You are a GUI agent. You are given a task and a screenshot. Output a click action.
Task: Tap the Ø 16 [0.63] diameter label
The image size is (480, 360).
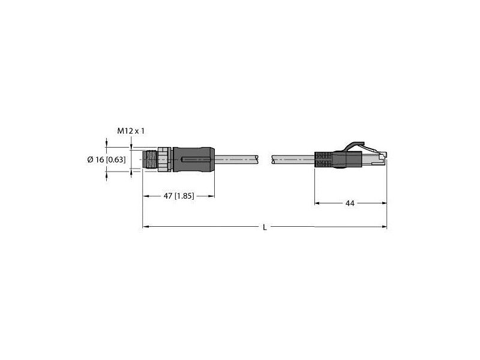pos(106,159)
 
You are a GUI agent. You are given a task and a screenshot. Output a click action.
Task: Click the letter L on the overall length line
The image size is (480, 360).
pos(265,227)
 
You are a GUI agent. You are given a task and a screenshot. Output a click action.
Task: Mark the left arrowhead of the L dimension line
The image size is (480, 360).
pos(145,227)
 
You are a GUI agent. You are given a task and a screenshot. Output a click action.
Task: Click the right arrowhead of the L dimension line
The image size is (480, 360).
pos(385,227)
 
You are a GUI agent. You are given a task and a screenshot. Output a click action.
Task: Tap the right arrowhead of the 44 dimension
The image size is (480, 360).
pos(385,204)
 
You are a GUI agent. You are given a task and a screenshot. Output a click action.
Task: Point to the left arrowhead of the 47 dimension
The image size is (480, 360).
pos(145,195)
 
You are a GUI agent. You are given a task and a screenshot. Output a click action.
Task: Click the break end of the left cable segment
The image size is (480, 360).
pos(260,160)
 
